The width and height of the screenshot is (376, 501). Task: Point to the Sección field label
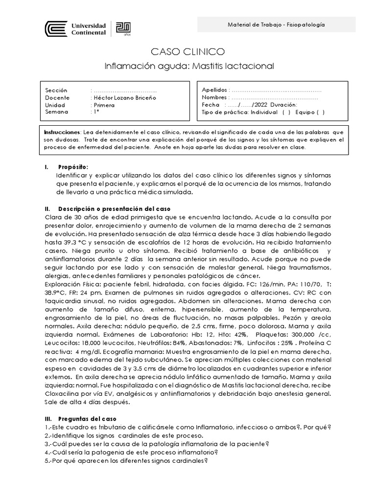[56, 91]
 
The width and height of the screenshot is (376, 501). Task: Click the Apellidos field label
[215, 91]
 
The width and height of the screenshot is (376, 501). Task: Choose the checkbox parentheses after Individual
[286, 112]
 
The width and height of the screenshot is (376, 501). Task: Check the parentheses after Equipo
[320, 112]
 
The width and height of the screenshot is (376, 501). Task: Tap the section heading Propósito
[73, 167]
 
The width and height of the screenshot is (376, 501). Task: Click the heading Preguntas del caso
[88, 419]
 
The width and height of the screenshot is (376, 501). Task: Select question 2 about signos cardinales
[124, 435]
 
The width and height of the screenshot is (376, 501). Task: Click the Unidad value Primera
[104, 105]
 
